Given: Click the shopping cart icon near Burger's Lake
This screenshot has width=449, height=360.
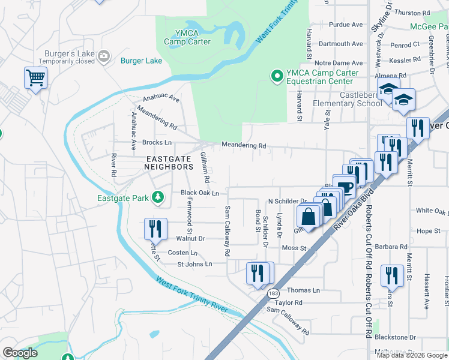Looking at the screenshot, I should (35, 77).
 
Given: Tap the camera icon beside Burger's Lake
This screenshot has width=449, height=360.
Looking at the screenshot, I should (104, 56).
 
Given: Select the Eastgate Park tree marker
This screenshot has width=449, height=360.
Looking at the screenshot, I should (158, 197).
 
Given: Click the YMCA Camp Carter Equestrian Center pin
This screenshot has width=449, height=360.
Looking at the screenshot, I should (277, 76).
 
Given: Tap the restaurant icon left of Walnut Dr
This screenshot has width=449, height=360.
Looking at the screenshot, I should (154, 228).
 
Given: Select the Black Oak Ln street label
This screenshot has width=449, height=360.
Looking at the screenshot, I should (200, 193).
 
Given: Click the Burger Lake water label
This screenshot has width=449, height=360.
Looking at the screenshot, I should (141, 61).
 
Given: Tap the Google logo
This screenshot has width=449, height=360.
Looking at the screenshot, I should (20, 353).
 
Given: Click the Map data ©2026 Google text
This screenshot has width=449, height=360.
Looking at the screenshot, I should (412, 355).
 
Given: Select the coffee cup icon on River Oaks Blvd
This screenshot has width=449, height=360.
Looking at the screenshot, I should (345, 187).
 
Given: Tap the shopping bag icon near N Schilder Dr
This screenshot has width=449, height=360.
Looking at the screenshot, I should (308, 216).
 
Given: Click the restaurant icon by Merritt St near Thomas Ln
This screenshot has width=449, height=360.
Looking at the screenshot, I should (392, 275).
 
